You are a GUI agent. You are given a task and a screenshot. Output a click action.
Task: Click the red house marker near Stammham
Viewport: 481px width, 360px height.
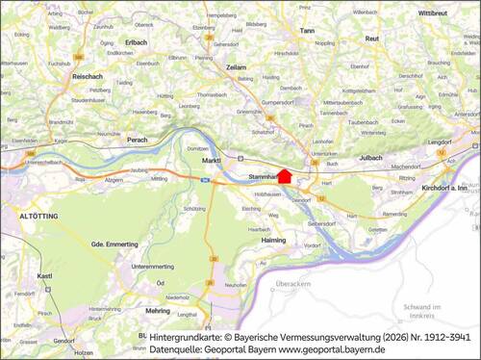[284, 174]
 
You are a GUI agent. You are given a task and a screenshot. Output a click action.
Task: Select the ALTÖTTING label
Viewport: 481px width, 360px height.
[39, 219]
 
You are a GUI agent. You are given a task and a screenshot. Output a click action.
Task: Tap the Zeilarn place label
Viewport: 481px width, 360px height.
[237, 68]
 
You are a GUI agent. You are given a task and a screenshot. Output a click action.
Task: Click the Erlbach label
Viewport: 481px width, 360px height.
[136, 42]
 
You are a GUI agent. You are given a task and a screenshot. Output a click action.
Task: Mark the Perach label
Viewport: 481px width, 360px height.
[137, 139]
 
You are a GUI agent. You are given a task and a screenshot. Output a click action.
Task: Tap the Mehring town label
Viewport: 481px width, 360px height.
[158, 311]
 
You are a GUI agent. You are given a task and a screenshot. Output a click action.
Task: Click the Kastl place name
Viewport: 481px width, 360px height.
[44, 275]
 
